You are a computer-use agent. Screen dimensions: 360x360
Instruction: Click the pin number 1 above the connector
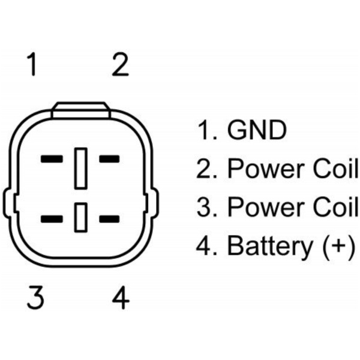[32, 64]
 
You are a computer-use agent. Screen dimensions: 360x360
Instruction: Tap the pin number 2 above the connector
[121, 64]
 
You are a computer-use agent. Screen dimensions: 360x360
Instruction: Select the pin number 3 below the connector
[35, 298]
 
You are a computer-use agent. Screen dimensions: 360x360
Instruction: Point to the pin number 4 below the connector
[121, 298]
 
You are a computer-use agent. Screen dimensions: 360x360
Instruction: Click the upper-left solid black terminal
[52, 159]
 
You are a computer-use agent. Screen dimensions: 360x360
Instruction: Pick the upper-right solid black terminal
[109, 159]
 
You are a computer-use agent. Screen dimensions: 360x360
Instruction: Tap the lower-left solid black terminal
[52, 219]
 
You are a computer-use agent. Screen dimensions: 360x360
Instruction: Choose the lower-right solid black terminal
[109, 219]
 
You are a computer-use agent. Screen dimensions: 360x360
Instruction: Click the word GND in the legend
[257, 130]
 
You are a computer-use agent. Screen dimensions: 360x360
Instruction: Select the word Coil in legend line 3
[335, 206]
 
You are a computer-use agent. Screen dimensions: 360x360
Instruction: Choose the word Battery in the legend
[270, 247]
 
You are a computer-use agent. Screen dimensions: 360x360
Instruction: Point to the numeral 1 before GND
[203, 130]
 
